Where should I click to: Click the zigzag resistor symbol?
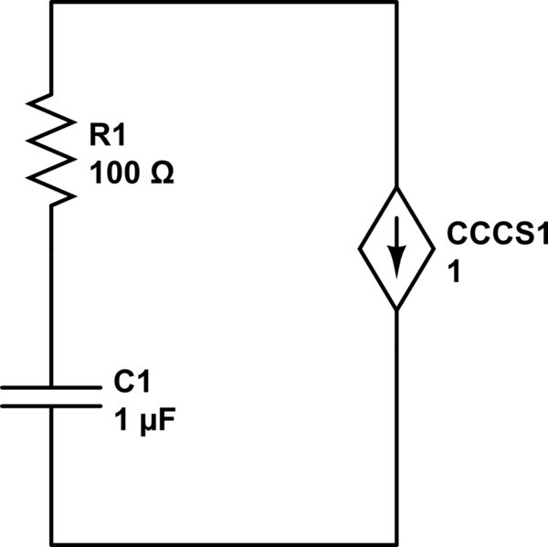[50, 146]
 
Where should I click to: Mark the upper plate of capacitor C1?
[51, 387]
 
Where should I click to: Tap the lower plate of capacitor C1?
[51, 404]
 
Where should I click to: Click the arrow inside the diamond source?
[396, 255]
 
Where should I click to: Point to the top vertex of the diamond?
[396, 187]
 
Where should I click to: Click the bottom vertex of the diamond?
[396, 311]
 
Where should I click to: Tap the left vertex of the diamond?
[358, 249]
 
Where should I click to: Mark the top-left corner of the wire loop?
[51, 2]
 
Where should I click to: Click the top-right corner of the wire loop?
[396, 2]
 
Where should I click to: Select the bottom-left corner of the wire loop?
[51, 544]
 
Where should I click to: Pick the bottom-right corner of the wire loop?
[396, 544]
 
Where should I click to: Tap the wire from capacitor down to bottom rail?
[51, 475]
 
